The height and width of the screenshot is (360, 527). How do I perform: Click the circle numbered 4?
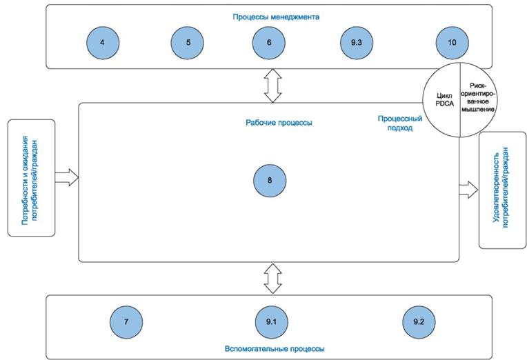click(102, 43)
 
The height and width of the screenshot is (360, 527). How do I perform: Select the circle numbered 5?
click(188, 43)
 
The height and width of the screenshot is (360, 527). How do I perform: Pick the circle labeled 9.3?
click(356, 43)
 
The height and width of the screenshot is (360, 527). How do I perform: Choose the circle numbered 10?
click(452, 43)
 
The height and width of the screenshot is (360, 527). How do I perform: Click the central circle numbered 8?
click(269, 181)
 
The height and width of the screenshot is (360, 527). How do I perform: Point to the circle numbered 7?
click(126, 322)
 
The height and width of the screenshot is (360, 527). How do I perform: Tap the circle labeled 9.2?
click(419, 322)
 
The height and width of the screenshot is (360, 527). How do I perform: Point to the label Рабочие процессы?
click(279, 123)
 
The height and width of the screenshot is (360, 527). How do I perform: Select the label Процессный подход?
click(396, 123)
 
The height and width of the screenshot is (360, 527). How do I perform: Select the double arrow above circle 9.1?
click(270, 278)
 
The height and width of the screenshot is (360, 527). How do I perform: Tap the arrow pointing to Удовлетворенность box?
click(470, 188)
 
